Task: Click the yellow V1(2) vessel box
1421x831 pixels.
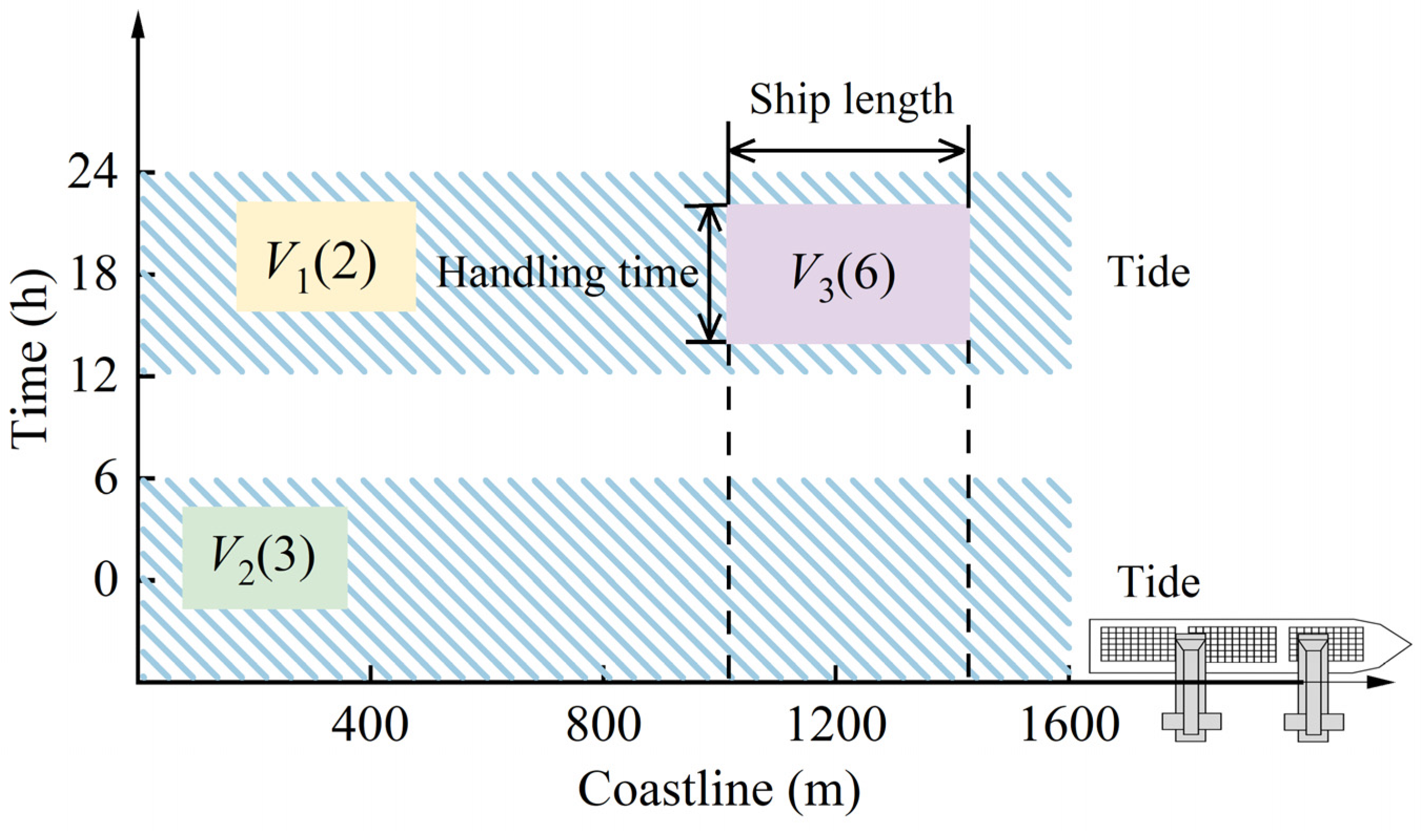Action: coord(326,257)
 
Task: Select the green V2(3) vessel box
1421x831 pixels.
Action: coord(265,558)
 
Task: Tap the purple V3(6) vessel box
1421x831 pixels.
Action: coord(848,274)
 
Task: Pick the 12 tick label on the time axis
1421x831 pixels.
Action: coord(93,376)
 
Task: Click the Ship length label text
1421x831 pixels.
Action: coord(851,100)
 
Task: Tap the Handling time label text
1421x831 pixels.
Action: coord(567,274)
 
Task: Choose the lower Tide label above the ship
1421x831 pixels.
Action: coord(1158,582)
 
